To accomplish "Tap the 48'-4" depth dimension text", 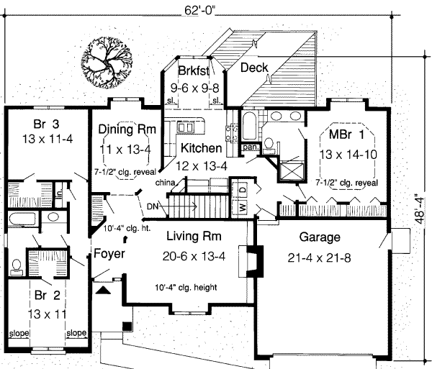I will (421, 209).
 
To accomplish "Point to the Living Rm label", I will (193, 237).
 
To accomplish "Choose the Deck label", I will (254, 68).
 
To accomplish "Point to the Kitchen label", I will (201, 148).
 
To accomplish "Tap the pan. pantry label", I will (250, 147).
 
